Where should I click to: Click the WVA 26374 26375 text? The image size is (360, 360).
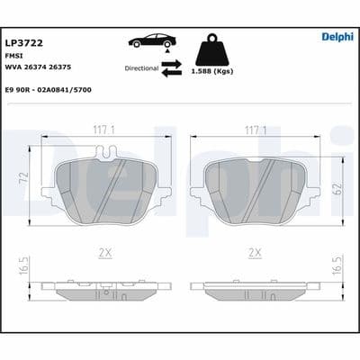point(38,68)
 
